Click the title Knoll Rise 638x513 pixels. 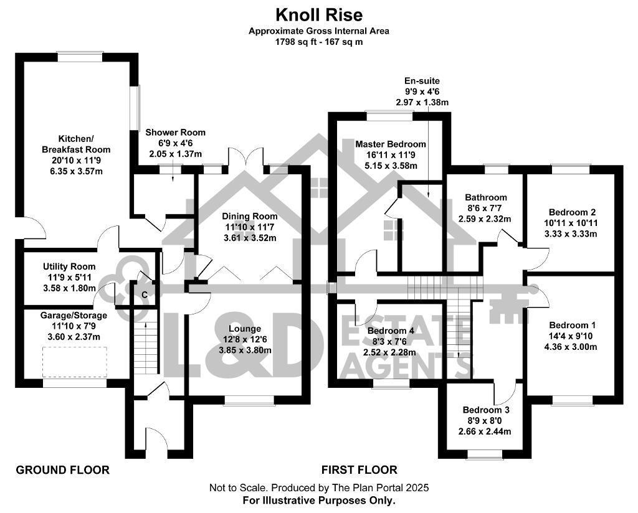point(319,14)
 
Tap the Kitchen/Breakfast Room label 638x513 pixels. point(76,144)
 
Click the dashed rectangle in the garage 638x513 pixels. point(75,360)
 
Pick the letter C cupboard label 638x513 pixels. point(145,294)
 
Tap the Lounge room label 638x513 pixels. point(245,329)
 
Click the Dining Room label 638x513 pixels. point(250,217)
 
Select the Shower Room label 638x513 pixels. point(175,133)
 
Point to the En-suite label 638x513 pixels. point(422,81)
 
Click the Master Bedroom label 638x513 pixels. point(391,144)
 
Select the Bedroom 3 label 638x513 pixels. point(486,410)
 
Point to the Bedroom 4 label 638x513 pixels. point(391,331)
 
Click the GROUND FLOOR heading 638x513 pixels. point(62,470)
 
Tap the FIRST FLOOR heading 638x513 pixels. point(359,470)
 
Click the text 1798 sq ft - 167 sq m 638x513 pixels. point(319,42)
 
